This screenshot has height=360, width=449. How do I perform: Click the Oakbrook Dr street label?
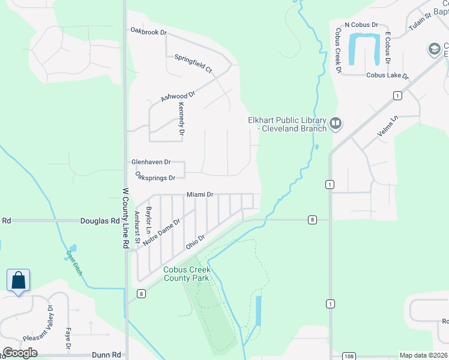[x=148, y=31]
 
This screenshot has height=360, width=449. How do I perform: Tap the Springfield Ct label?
[x=193, y=64]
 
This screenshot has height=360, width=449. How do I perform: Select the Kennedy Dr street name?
[x=181, y=114]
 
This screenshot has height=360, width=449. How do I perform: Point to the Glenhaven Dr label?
[x=151, y=163]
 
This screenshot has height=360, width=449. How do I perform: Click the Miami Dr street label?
[x=200, y=194]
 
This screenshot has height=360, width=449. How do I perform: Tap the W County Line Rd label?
[x=126, y=218]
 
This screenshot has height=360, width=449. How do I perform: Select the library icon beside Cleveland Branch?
[x=335, y=124]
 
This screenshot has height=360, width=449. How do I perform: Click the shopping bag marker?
[x=18, y=280]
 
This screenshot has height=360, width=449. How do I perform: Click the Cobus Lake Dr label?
[x=387, y=76]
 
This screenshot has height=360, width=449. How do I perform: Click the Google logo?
[x=20, y=353]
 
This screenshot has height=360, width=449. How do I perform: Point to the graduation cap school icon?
[x=434, y=49]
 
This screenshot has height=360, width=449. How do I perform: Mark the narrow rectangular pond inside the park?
[x=259, y=310]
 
